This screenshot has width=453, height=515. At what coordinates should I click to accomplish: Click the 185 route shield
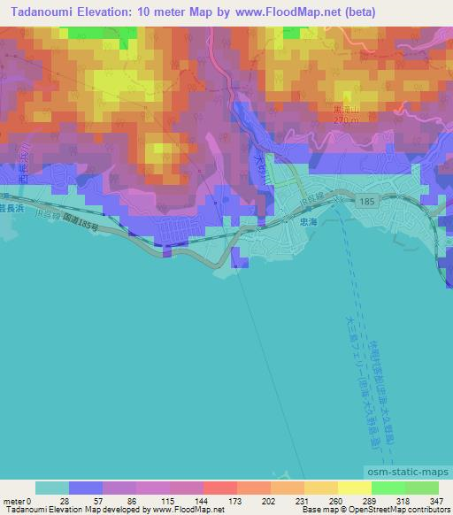368,203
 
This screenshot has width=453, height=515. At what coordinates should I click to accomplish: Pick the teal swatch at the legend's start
53,488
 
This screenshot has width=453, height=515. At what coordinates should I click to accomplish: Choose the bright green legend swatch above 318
388,488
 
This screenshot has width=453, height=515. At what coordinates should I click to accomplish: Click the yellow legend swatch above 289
354,488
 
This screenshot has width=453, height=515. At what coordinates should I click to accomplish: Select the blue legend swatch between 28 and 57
87,488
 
